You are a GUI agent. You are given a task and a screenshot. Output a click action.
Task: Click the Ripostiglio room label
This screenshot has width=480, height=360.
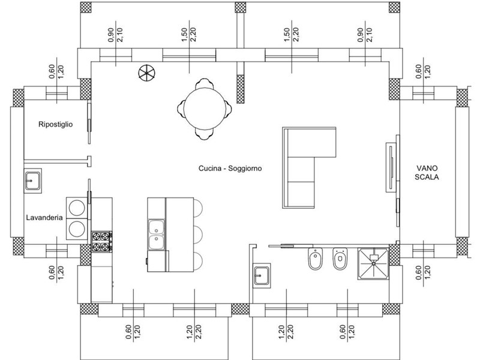click(x=56, y=124)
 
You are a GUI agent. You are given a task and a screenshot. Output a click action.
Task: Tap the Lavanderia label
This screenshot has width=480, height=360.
click(x=44, y=218)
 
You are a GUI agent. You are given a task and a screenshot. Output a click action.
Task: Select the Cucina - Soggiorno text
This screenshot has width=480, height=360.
click(x=230, y=169)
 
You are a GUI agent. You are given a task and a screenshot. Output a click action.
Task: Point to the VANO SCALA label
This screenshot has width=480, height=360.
click(x=427, y=172)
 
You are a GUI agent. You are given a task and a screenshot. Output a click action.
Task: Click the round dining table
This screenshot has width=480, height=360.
click(x=205, y=109)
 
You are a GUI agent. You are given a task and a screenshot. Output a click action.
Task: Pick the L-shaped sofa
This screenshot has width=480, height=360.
click(x=309, y=167)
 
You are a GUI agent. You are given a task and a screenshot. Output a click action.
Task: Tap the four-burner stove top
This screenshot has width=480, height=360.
click(x=101, y=242)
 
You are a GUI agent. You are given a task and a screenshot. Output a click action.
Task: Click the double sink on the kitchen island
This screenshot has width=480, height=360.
click(x=157, y=234)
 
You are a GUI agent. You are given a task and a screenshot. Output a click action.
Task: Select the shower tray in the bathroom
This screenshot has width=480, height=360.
click(x=373, y=263)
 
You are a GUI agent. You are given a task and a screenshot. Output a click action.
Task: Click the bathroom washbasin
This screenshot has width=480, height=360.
click(x=262, y=275)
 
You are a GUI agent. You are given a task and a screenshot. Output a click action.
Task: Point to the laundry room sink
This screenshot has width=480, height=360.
click(x=33, y=181)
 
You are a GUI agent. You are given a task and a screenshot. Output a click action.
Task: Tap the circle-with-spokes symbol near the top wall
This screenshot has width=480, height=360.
click(x=146, y=73)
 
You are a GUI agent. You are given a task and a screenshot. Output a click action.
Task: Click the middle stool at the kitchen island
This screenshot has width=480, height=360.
click(x=198, y=235)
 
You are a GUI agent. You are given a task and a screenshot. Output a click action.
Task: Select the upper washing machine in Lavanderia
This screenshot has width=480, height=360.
click(x=77, y=208)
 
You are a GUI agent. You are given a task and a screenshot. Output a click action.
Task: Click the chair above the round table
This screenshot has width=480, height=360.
click(x=205, y=83)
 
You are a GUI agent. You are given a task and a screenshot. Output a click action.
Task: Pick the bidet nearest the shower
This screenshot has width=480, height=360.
click(x=340, y=259)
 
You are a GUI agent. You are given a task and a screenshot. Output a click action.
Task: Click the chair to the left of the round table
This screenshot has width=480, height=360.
click(x=181, y=109)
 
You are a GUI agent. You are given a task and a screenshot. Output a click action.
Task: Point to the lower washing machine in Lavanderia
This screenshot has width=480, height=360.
click(x=77, y=229)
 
